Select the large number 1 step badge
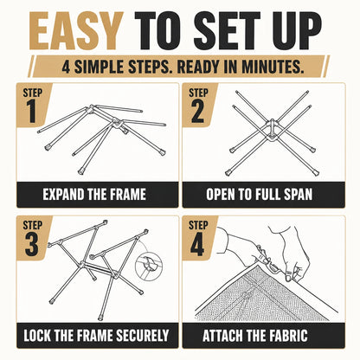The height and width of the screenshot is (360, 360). (x=31, y=112)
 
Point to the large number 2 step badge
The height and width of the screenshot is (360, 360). (x=197, y=112)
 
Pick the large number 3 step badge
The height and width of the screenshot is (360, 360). (x=31, y=244)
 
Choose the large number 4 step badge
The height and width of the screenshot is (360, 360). (x=197, y=244)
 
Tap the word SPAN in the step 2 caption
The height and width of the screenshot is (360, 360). (x=298, y=195)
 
